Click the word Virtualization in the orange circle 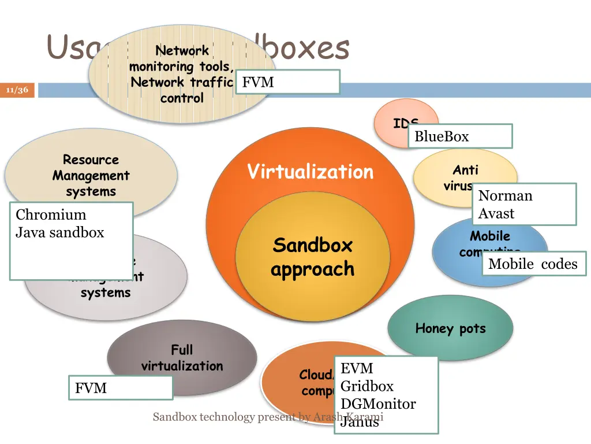tap(311, 172)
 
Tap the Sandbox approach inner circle tap(312, 257)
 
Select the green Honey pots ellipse tap(450, 328)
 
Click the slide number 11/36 tap(17, 90)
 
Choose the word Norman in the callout tap(505, 195)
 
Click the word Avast tap(496, 213)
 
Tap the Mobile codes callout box tap(533, 264)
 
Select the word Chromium tap(51, 214)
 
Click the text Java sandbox tap(60, 232)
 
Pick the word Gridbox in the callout tap(367, 386)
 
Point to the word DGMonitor tap(378, 404)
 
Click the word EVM tap(357, 368)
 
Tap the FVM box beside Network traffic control tap(287, 82)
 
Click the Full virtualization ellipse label tap(182, 358)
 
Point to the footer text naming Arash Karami tap(268, 417)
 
